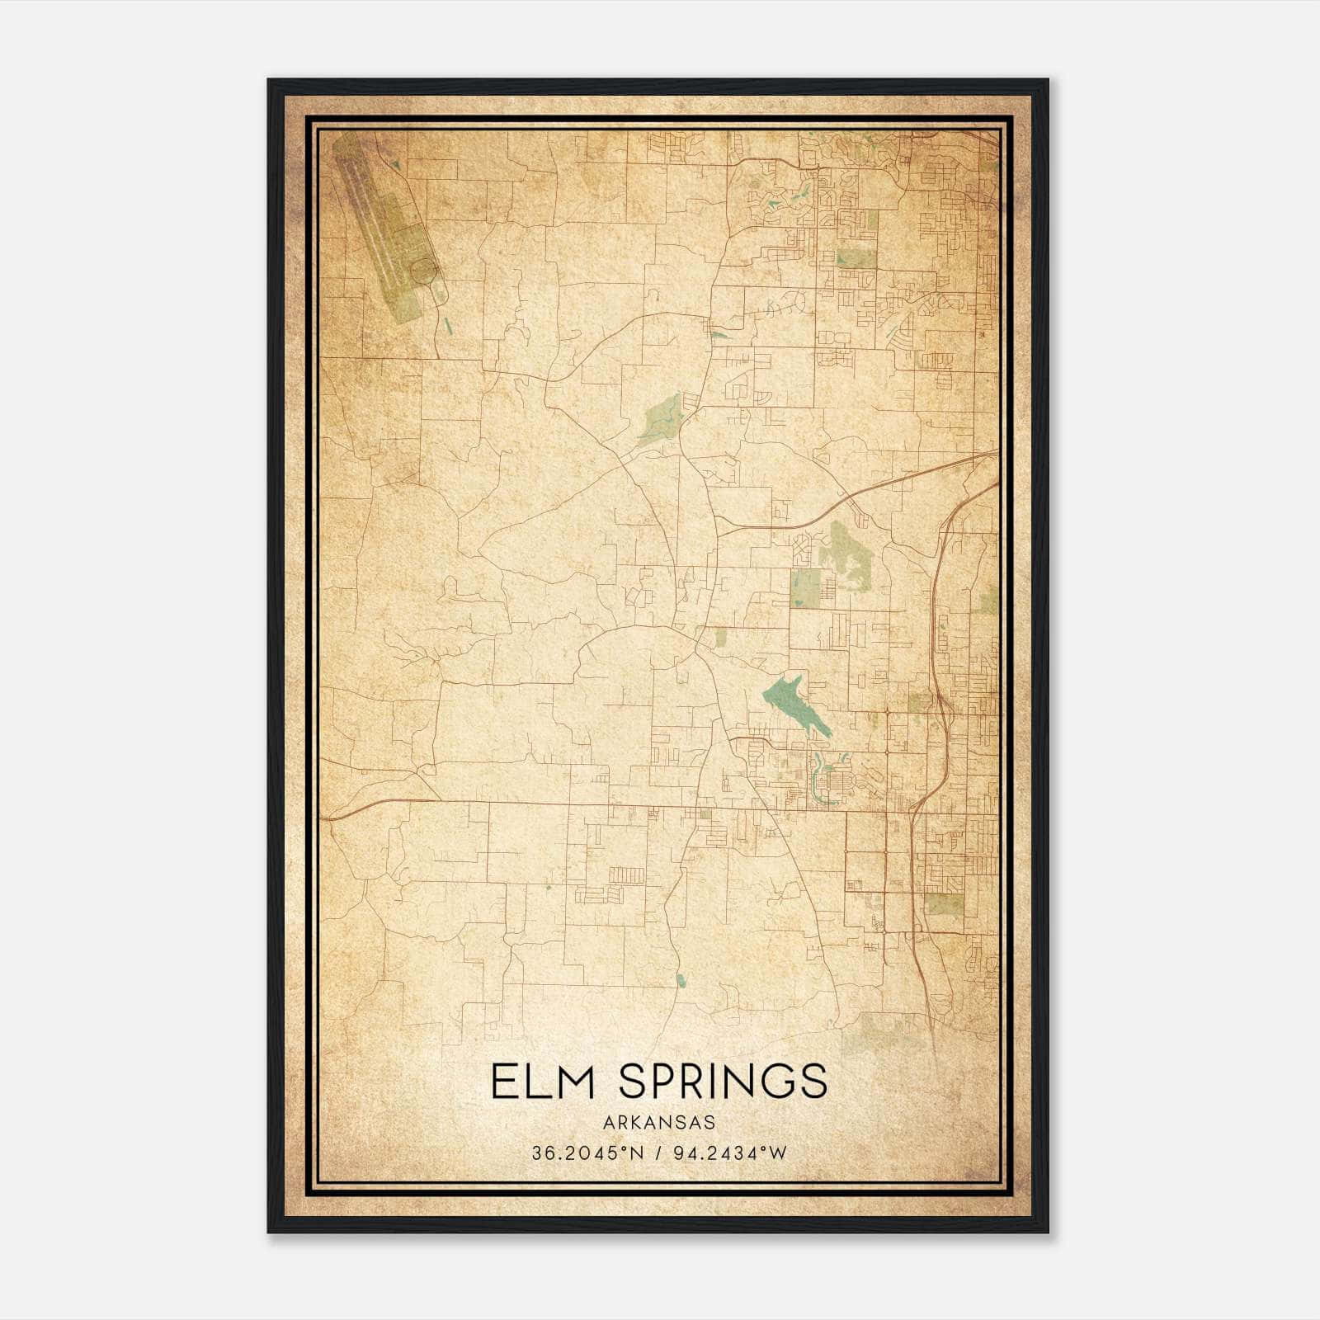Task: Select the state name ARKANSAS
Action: pos(659,1123)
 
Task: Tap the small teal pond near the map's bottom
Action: pos(681,980)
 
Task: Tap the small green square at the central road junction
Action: pos(720,637)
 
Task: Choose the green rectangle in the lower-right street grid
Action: pos(943,904)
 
